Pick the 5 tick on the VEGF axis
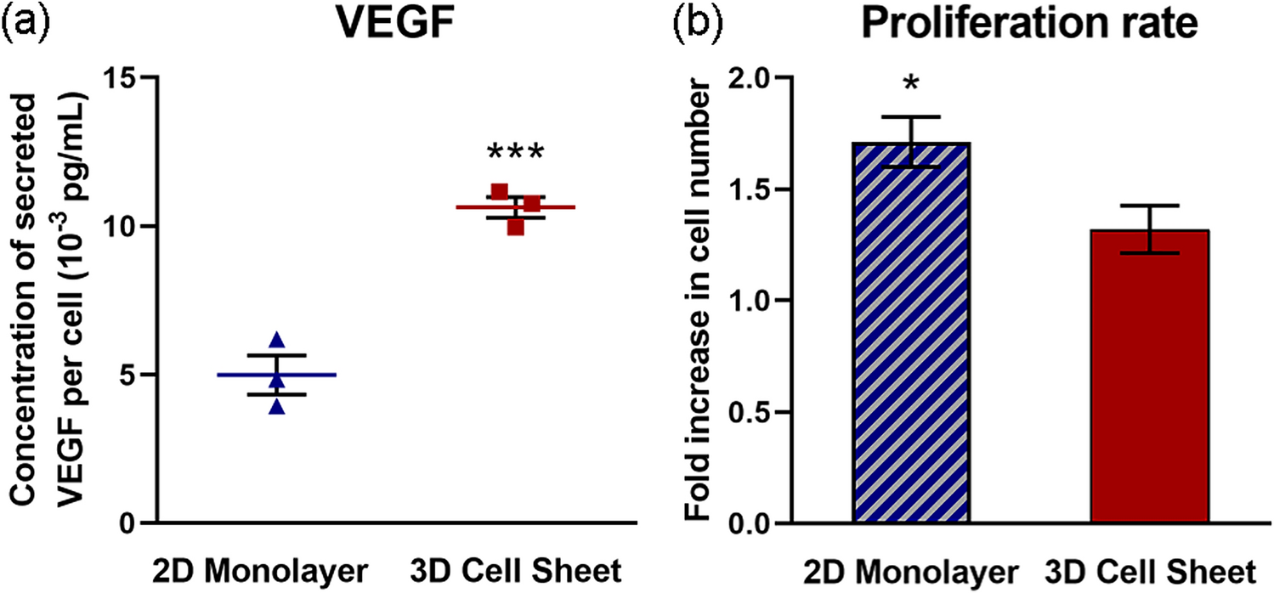pyautogui.click(x=127, y=375)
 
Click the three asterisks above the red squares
pyautogui.click(x=515, y=154)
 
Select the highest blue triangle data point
pyautogui.click(x=276, y=341)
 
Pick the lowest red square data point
pyautogui.click(x=515, y=227)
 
